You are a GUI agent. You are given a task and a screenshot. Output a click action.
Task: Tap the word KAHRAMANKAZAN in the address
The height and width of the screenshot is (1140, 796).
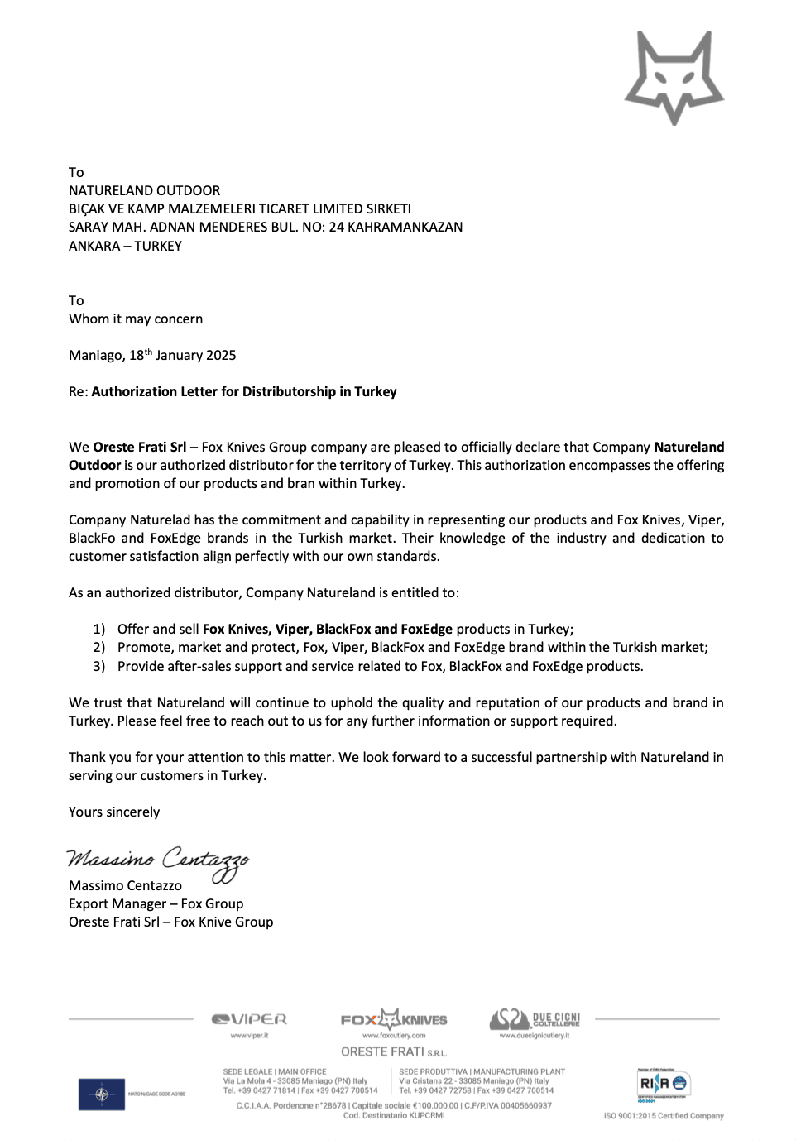pyautogui.click(x=405, y=227)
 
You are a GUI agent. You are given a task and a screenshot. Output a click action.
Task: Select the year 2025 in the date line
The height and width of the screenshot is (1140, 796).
pyautogui.click(x=221, y=356)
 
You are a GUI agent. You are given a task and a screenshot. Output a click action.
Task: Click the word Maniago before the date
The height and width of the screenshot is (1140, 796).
pyautogui.click(x=95, y=356)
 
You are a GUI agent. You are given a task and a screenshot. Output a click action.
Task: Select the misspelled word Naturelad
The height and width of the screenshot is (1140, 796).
pyautogui.click(x=161, y=520)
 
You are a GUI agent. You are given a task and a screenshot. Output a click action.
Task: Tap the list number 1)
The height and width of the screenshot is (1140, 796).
pyautogui.click(x=99, y=630)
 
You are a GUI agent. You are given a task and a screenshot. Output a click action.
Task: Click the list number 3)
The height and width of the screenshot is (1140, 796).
pyautogui.click(x=99, y=667)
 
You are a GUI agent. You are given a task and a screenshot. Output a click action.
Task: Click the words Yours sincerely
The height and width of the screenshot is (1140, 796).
pyautogui.click(x=114, y=812)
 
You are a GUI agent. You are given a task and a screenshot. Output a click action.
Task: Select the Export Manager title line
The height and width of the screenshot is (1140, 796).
pyautogui.click(x=156, y=904)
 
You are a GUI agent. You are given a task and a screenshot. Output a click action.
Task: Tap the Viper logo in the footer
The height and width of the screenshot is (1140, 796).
pyautogui.click(x=249, y=1020)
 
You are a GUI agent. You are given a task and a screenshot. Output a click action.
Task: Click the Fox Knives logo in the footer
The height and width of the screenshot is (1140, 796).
pyautogui.click(x=394, y=1019)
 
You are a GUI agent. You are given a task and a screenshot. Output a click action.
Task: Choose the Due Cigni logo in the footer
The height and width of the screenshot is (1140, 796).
pyautogui.click(x=535, y=1019)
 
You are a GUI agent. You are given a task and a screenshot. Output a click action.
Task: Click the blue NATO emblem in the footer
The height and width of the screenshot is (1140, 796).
pyautogui.click(x=102, y=1094)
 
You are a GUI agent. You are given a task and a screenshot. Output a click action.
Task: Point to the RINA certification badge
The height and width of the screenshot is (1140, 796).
pyautogui.click(x=664, y=1085)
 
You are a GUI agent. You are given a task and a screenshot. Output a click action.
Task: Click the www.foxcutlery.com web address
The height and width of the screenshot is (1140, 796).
pyautogui.click(x=394, y=1036)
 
